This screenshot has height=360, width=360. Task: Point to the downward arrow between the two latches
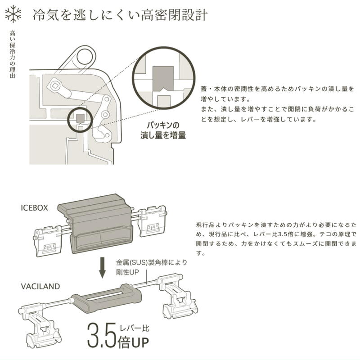[x=102, y=268]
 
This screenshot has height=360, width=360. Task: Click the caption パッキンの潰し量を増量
[x=162, y=130]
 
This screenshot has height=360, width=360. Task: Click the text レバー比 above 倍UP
[x=132, y=329]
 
